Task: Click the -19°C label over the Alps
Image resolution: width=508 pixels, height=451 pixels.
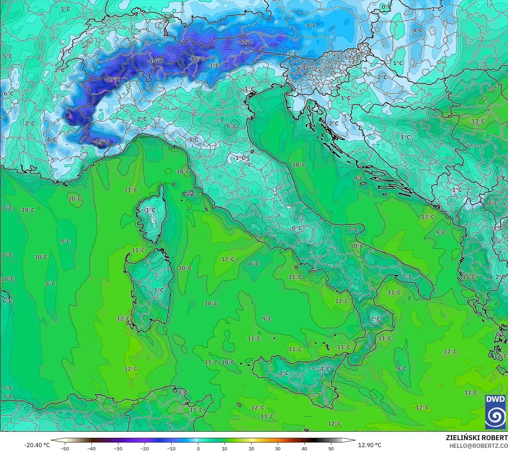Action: pyautogui.click(x=112, y=80)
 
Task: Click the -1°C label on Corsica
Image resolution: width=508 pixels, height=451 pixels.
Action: pyautogui.click(x=150, y=210)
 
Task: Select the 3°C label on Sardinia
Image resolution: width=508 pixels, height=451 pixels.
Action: pyautogui.click(x=159, y=290)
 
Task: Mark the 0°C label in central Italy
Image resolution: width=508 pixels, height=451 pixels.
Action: pyautogui.click(x=297, y=228)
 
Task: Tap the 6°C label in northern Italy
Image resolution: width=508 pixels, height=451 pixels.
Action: pyautogui.click(x=232, y=126)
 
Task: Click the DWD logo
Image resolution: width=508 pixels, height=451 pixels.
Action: pyautogui.click(x=495, y=412)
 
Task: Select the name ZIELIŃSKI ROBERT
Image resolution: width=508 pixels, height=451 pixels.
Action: pyautogui.click(x=476, y=438)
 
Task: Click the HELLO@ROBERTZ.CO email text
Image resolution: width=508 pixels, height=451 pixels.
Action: pyautogui.click(x=479, y=445)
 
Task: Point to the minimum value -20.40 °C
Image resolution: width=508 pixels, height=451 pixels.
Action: pyautogui.click(x=37, y=445)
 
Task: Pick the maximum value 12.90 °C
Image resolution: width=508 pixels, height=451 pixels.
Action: pyautogui.click(x=370, y=445)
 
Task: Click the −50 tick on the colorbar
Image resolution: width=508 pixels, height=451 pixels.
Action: pyautogui.click(x=65, y=448)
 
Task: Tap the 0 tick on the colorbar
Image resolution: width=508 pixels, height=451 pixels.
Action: pyautogui.click(x=198, y=448)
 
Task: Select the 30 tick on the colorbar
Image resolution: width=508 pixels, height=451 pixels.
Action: pyautogui.click(x=278, y=448)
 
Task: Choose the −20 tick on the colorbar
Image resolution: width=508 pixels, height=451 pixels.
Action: pyautogui.click(x=145, y=448)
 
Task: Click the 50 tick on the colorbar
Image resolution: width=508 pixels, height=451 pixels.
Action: pyautogui.click(x=331, y=448)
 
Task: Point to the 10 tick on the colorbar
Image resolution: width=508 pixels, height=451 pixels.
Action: pyautogui.click(x=225, y=448)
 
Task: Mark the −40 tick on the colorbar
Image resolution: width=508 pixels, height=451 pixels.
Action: pyautogui.click(x=91, y=448)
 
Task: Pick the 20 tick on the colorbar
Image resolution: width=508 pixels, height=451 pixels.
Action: pyautogui.click(x=251, y=448)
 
